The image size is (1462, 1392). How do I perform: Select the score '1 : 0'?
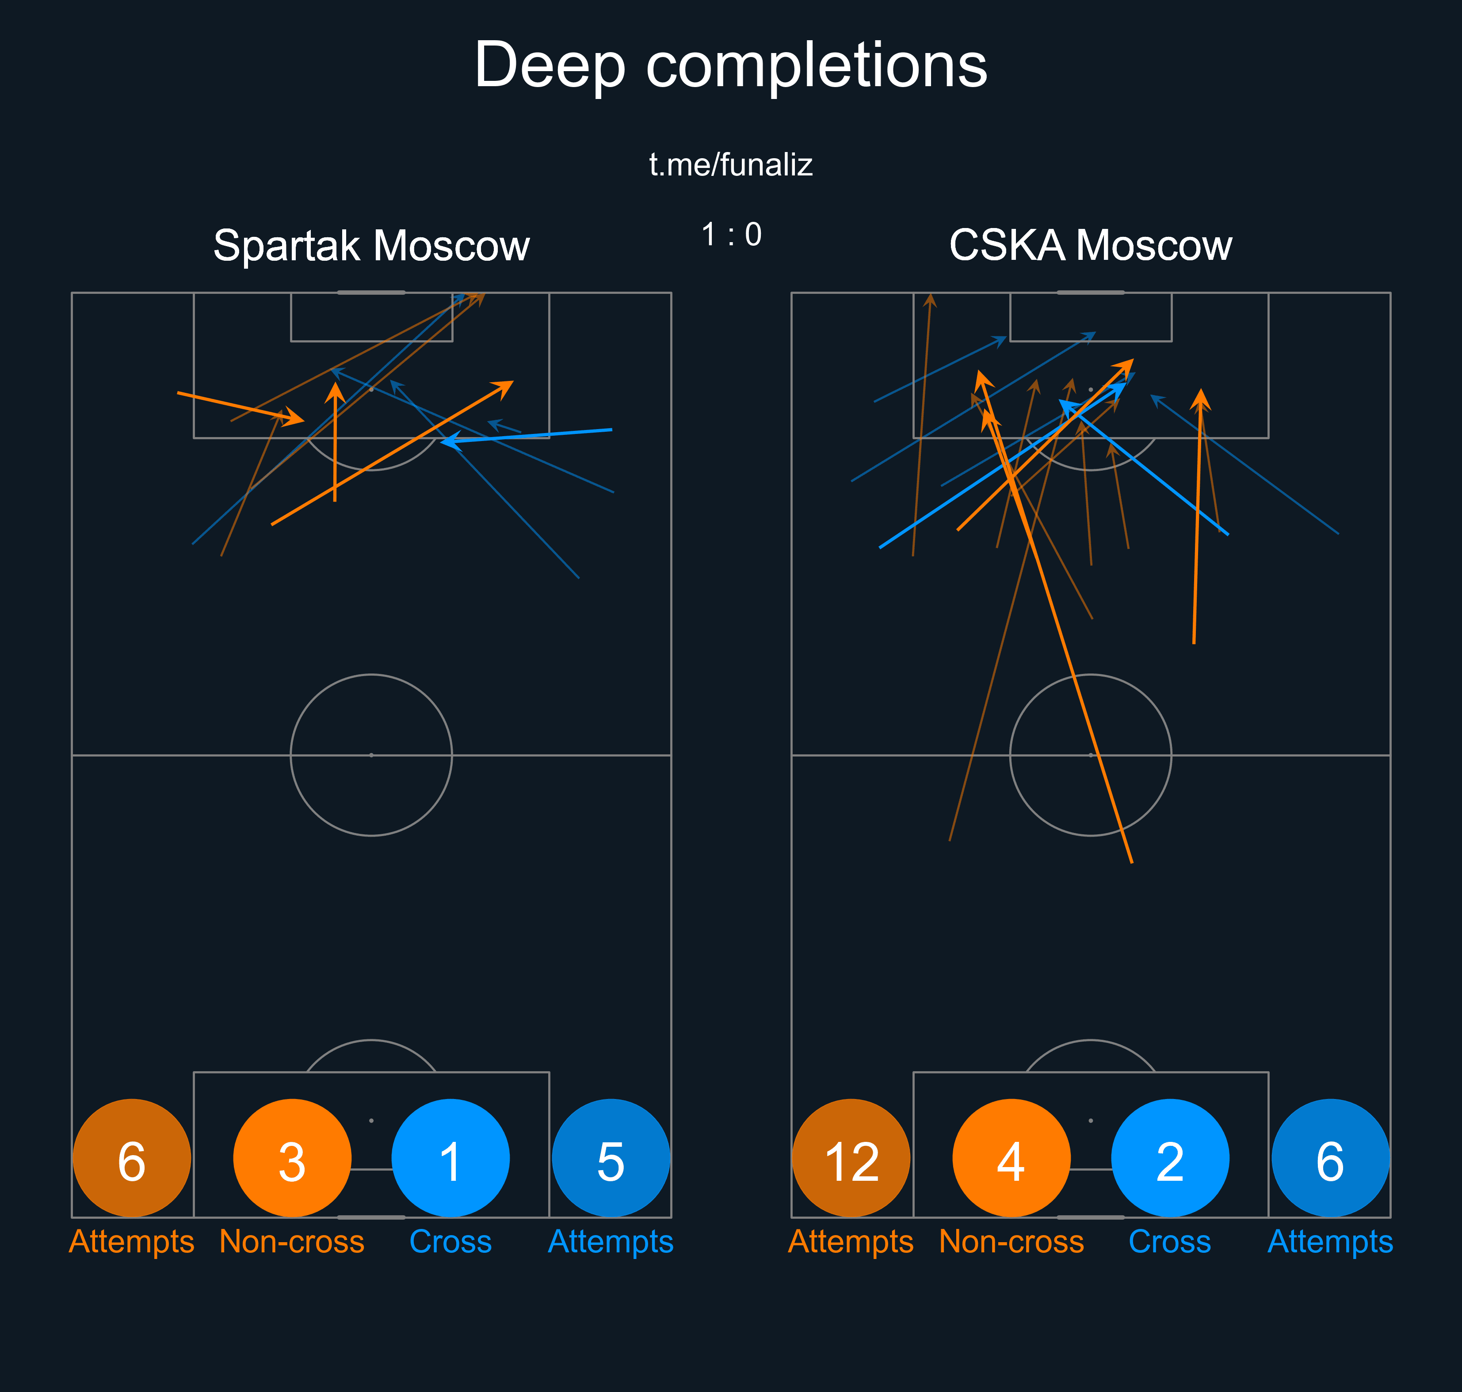click(x=731, y=235)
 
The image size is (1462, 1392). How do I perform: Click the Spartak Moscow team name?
click(x=371, y=246)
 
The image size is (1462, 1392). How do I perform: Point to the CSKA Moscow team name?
click(x=1090, y=246)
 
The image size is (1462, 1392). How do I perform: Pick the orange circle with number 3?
click(x=292, y=1158)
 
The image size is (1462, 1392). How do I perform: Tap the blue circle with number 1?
click(x=450, y=1158)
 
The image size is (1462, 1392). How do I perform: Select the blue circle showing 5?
click(x=611, y=1158)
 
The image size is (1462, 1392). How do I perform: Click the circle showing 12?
click(x=851, y=1158)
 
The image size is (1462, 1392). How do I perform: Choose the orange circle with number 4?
click(x=1011, y=1158)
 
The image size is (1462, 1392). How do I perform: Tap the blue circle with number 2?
click(x=1170, y=1158)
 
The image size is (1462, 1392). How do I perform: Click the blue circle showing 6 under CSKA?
click(x=1330, y=1158)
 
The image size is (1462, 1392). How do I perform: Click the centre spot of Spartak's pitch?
click(x=371, y=755)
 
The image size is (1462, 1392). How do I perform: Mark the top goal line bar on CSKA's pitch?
click(x=1090, y=293)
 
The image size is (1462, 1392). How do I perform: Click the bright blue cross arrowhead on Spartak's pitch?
click(x=445, y=441)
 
